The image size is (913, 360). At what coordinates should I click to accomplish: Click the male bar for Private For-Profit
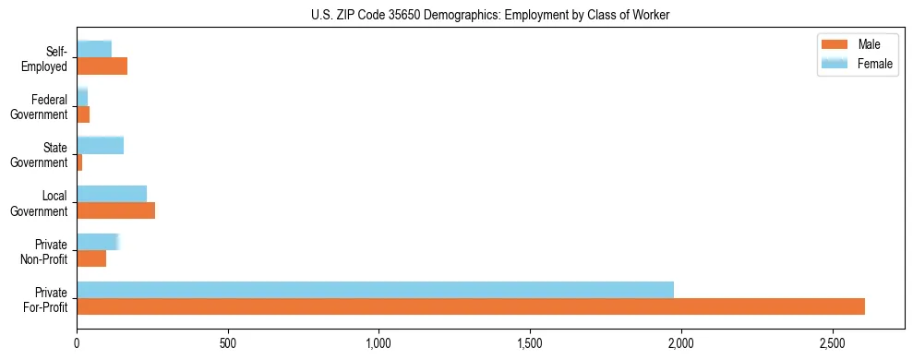(x=471, y=306)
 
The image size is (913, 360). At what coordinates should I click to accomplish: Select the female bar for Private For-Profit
(x=375, y=289)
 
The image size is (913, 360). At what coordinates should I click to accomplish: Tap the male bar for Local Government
(x=115, y=210)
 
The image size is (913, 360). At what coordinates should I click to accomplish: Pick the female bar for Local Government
(x=112, y=193)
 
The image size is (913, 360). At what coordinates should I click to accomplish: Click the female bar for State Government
(x=100, y=145)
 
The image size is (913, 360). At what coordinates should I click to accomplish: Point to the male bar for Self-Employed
(x=102, y=66)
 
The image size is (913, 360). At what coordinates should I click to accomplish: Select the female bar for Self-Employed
(x=94, y=49)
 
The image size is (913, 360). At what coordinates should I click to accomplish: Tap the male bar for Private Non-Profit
(x=91, y=258)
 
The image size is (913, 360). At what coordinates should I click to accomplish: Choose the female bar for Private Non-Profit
(x=97, y=241)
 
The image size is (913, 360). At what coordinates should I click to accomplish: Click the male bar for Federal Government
(x=83, y=114)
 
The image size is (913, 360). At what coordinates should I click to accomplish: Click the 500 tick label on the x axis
(x=228, y=343)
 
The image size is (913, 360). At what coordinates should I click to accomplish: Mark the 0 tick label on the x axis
(x=77, y=343)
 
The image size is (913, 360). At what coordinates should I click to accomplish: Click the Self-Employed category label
(x=46, y=58)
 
